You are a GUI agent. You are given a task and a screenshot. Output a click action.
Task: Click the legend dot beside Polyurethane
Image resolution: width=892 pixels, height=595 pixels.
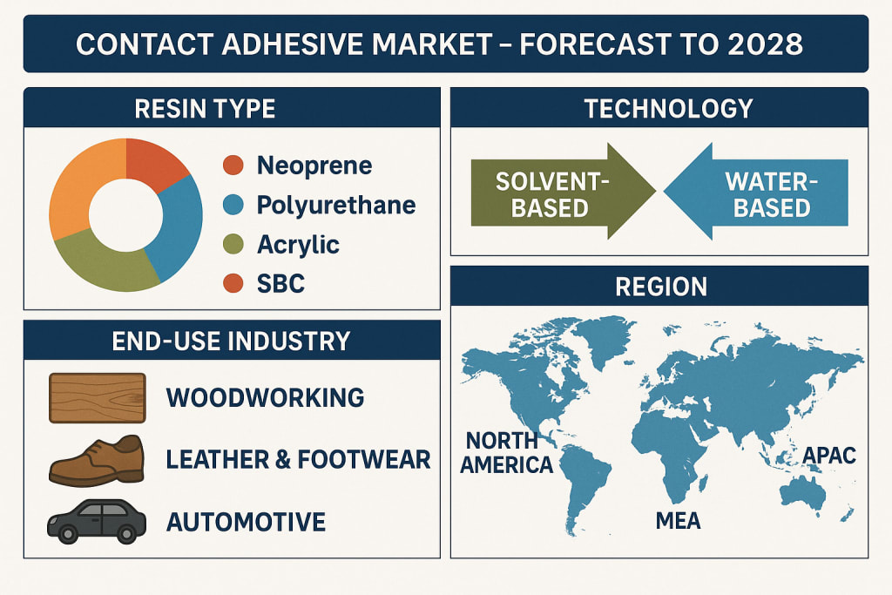[233, 205]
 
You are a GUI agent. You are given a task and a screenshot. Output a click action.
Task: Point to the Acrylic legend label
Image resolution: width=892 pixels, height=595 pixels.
[298, 245]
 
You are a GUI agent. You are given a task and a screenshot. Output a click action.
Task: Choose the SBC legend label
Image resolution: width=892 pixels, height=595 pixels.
[280, 283]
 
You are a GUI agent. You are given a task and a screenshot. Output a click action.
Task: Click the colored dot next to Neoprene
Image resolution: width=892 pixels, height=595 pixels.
[233, 165]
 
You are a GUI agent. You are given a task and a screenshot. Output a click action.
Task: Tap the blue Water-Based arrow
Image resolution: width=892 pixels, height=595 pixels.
[756, 192]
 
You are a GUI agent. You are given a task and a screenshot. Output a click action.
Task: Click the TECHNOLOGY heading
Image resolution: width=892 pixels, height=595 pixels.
[668, 108]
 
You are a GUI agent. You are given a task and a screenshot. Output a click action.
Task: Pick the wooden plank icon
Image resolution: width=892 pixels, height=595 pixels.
[98, 397]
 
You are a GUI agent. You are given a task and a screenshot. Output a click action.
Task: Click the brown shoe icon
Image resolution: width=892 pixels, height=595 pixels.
[97, 461]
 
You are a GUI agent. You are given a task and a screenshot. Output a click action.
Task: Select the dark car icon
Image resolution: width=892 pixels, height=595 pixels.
[97, 522]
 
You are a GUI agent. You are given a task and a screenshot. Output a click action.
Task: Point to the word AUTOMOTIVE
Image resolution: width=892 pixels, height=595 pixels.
[246, 522]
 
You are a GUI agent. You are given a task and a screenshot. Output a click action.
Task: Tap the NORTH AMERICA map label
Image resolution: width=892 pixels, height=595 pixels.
[506, 453]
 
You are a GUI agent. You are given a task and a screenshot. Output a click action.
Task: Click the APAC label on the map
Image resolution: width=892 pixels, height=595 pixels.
[829, 456]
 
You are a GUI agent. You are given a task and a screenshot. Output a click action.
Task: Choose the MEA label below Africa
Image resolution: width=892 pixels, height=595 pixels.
[678, 520]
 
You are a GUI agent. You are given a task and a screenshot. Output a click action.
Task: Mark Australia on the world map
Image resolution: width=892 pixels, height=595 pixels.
[803, 492]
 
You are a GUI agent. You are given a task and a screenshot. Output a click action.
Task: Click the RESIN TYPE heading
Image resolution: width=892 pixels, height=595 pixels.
[205, 108]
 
